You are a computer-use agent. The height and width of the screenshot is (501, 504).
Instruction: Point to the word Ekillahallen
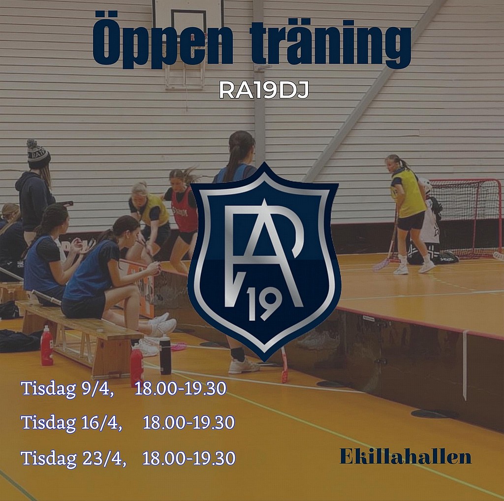pyautogui.click(x=406, y=456)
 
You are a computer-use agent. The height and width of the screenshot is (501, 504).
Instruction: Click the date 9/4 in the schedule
pyautogui.click(x=98, y=389)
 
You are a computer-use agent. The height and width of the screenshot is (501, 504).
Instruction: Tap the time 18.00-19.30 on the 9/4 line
pyautogui.click(x=181, y=389)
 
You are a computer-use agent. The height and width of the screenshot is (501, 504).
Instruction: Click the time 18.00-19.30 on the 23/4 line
pyautogui.click(x=189, y=458)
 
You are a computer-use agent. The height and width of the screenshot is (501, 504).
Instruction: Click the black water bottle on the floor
pyautogui.click(x=165, y=355)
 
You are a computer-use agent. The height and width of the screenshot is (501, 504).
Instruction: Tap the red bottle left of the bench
pyautogui.click(x=47, y=345)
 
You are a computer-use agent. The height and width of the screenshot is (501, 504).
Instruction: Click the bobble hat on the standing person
pyautogui.click(x=37, y=154)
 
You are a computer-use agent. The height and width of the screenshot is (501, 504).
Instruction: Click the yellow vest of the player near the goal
pyautogui.click(x=408, y=193)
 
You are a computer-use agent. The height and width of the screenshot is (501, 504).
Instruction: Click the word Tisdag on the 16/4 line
pyautogui.click(x=49, y=423)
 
